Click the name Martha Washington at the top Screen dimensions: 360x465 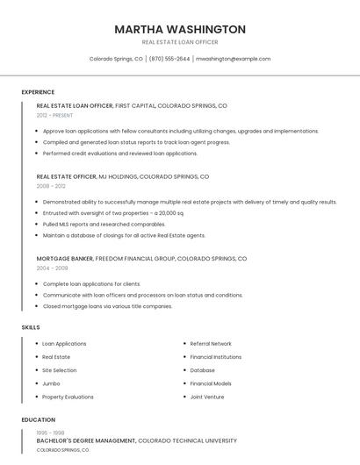(x=179, y=29)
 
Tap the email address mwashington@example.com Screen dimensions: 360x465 (x=233, y=59)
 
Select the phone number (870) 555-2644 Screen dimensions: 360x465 (x=169, y=59)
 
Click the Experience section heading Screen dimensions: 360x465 (x=38, y=92)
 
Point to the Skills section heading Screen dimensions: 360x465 (x=31, y=327)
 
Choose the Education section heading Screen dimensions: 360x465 (x=39, y=419)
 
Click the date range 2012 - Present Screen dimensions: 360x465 (x=55, y=115)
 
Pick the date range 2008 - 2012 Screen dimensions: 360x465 (x=51, y=186)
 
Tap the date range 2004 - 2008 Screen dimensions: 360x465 (x=52, y=268)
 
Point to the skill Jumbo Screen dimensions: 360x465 (x=51, y=383)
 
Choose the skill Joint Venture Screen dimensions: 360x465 (x=207, y=397)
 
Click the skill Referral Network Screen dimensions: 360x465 (x=211, y=344)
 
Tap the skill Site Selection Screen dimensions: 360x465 (x=60, y=370)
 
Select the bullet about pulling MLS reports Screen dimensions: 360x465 (x=92, y=224)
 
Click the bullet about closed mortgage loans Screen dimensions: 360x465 (x=107, y=306)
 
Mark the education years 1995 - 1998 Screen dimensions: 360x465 (x=49, y=433)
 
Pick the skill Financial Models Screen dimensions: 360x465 (x=211, y=383)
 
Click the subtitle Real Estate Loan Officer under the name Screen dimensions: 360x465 (x=179, y=42)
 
